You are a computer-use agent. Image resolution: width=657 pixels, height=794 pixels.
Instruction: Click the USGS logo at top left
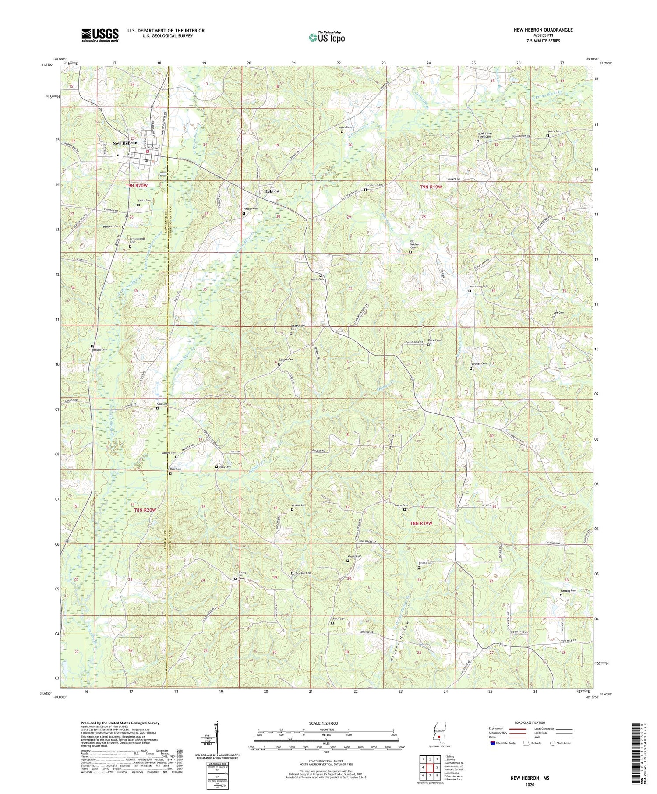pyautogui.click(x=100, y=35)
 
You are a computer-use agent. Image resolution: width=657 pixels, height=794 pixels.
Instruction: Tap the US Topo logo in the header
pyautogui.click(x=326, y=37)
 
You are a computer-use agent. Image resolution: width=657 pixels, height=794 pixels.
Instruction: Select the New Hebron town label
pyautogui.click(x=125, y=143)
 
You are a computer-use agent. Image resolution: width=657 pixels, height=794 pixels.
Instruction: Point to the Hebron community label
pyautogui.click(x=272, y=191)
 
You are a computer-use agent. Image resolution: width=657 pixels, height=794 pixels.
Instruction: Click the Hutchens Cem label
pyautogui.click(x=374, y=185)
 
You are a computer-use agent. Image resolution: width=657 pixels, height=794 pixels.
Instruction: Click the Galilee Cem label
pyautogui.click(x=286, y=360)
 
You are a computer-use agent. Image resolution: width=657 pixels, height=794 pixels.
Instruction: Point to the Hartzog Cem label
pyautogui.click(x=568, y=591)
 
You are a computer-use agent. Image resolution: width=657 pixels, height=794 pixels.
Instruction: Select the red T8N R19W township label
pyautogui.click(x=421, y=523)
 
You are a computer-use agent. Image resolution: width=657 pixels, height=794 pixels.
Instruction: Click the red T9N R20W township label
pyautogui.click(x=137, y=186)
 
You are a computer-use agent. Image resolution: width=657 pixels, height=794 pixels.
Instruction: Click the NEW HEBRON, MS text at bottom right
pyautogui.click(x=530, y=778)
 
